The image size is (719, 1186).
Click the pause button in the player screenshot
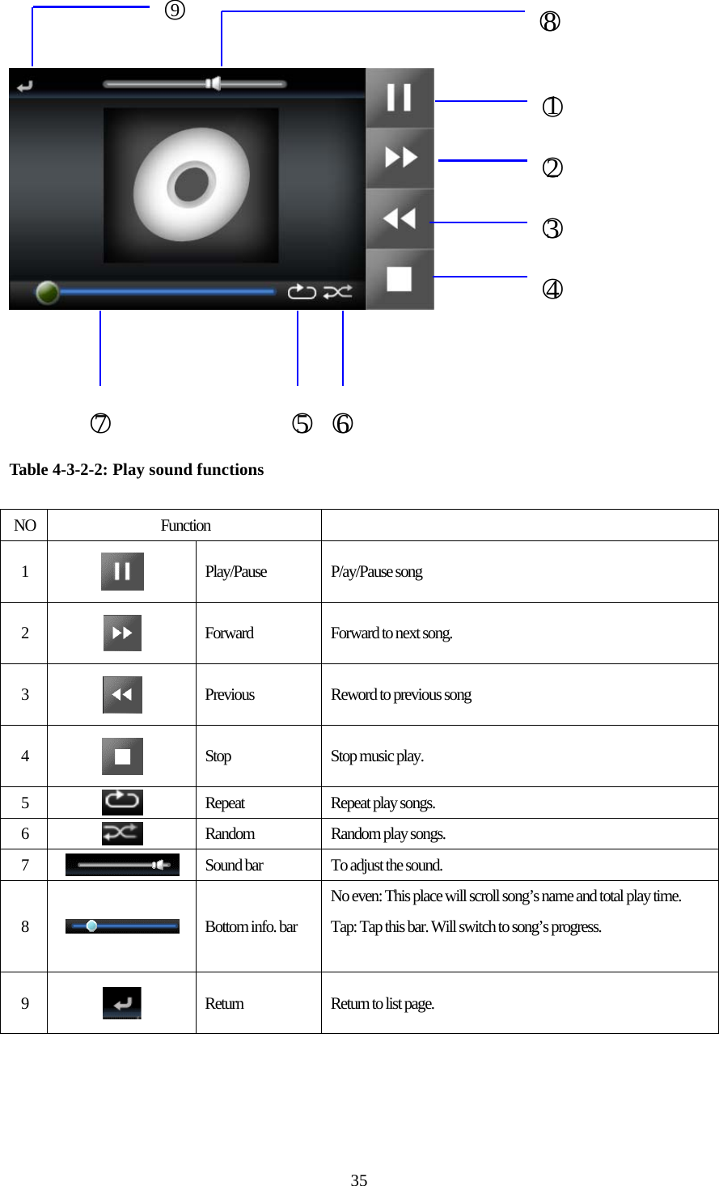[400, 98]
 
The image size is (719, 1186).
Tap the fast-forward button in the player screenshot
[400, 158]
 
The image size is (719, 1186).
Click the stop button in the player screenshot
[400, 279]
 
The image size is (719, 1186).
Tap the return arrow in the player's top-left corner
[25, 85]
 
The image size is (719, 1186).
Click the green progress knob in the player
[48, 292]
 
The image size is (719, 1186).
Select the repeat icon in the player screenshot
[302, 291]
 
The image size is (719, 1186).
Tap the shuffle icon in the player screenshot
[337, 291]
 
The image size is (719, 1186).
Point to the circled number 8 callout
[550, 22]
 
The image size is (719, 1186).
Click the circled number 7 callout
[100, 423]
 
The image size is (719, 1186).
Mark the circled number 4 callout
[552, 289]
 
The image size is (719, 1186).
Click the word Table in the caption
[28, 469]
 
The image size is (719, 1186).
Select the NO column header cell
[24, 525]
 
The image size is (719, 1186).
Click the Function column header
[185, 525]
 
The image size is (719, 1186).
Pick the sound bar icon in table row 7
[122, 865]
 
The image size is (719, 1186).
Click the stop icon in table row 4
[122, 756]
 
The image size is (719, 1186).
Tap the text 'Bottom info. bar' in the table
[251, 926]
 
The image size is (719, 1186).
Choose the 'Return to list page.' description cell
[383, 1003]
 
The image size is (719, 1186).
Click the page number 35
[359, 1180]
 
